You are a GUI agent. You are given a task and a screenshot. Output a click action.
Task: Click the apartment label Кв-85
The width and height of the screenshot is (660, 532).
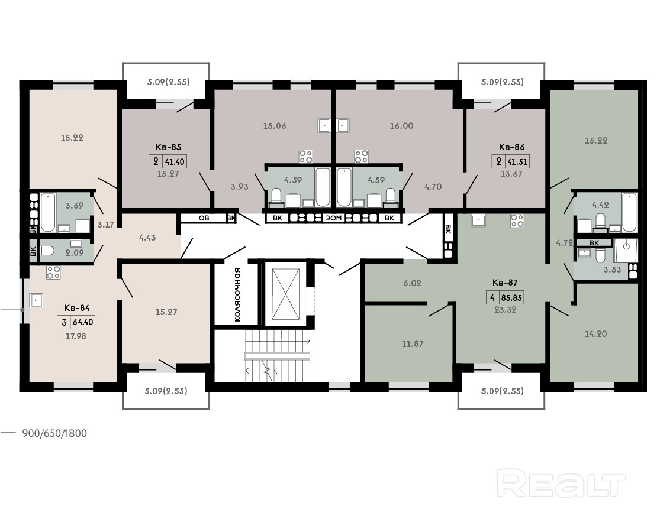(x=168, y=147)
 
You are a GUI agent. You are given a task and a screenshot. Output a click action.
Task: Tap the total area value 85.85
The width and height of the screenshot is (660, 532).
(x=511, y=298)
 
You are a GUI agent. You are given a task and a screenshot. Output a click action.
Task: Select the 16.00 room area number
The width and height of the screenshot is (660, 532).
(x=401, y=126)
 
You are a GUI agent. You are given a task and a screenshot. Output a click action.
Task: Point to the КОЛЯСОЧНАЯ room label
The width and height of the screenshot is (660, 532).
(x=238, y=294)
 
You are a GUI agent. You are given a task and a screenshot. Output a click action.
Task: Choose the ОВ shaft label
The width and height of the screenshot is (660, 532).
(x=204, y=218)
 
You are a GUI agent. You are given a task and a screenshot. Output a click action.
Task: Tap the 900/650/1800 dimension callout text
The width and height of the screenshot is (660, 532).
(x=54, y=433)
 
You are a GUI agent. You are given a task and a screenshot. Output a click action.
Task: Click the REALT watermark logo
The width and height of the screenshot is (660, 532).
(x=561, y=484)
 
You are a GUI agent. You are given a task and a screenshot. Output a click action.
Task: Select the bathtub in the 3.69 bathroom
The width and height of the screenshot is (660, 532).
(x=48, y=212)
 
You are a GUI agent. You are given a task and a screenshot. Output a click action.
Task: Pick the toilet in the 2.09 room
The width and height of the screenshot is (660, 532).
(x=47, y=251)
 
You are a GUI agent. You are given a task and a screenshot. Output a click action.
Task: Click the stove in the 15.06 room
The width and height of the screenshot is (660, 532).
(x=305, y=156)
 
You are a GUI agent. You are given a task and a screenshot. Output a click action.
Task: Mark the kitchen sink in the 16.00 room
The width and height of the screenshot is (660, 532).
(x=343, y=125)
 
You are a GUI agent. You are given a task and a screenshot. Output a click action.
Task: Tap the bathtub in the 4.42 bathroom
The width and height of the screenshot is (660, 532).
(x=630, y=212)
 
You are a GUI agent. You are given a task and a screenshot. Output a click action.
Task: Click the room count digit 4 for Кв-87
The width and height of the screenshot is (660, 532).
(x=492, y=298)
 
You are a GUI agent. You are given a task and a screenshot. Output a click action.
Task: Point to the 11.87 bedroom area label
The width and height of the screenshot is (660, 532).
(x=413, y=344)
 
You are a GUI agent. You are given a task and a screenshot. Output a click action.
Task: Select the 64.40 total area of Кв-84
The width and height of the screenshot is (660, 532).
(x=83, y=323)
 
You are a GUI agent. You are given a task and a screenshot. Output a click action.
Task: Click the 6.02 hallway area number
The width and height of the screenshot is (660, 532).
(x=412, y=283)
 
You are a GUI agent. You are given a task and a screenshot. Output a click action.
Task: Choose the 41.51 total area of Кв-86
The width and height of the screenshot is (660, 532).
(x=517, y=162)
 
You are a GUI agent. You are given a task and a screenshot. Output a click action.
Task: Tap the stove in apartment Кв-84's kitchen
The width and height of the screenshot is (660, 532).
(x=53, y=273)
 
